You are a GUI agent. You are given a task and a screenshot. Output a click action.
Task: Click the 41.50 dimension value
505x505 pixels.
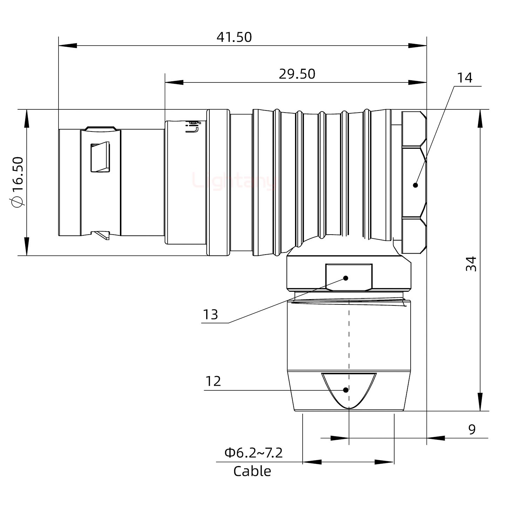coord(234,37)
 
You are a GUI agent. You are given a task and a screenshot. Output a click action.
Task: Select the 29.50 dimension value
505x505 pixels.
coord(297,74)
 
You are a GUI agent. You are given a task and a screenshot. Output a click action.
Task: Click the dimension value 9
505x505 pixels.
coord(472,429)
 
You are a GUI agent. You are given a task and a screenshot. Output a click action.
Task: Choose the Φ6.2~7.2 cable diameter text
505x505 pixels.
coord(254,453)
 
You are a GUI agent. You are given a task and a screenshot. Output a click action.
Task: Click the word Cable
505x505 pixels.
coord(252,471)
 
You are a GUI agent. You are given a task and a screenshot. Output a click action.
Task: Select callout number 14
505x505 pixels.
coord(464,78)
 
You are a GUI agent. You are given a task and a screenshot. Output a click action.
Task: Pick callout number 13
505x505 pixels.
coord(210,315)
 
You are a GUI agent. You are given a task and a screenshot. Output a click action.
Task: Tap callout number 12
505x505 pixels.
coord(213,381)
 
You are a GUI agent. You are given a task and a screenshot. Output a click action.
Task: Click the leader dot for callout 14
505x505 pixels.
coord(416,185)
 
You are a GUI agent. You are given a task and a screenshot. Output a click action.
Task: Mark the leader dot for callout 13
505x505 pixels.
coord(346,278)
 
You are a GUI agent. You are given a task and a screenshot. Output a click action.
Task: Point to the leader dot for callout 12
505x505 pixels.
coord(346,390)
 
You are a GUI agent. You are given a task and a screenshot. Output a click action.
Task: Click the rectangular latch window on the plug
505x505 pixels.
coord(100,157)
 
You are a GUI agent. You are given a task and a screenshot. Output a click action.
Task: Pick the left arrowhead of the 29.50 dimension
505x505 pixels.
coord(174,83)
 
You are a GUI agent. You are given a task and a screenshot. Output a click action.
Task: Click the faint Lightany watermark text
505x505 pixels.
coord(233,182)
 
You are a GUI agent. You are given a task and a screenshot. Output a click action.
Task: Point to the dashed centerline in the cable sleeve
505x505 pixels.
coord(349,337)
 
